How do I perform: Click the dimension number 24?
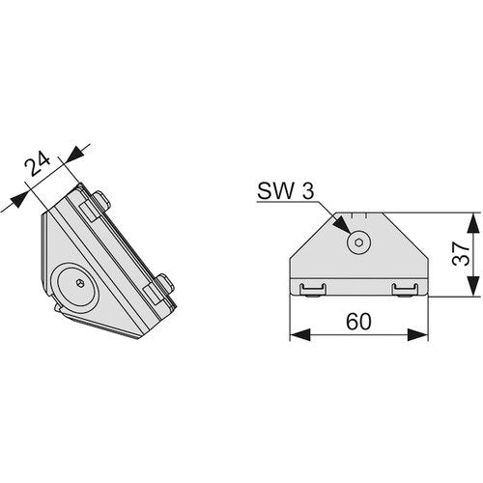pos(38,163)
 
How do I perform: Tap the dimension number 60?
pos(358,322)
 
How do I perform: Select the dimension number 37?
pos(461,253)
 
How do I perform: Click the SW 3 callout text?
pos(285,191)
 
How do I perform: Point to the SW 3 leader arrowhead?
pos(342,225)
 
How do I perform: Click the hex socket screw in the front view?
pos(358,242)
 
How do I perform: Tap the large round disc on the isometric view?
pos(78,284)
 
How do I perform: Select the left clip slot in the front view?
pos(312,289)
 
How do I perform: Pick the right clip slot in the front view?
pos(405,289)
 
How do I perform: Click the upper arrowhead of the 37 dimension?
pos(472,223)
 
